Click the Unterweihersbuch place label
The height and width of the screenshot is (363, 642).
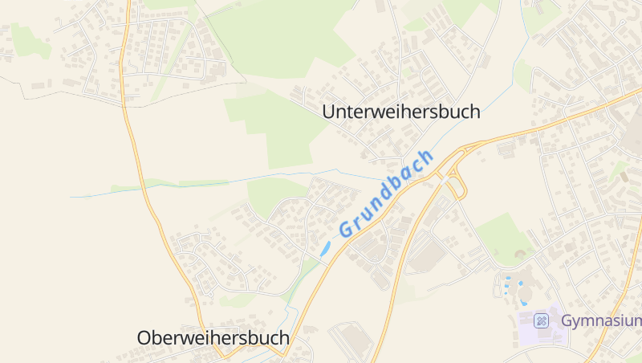click(x=400, y=112)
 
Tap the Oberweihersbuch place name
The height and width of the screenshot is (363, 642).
click(x=213, y=338)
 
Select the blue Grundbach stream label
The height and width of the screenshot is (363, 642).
click(x=387, y=192)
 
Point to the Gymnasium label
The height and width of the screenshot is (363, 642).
click(x=601, y=320)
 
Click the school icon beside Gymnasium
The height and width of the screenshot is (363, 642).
click(x=542, y=320)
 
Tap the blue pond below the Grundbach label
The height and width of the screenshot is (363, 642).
click(x=326, y=249)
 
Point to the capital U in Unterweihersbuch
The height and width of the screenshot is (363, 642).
click(x=328, y=112)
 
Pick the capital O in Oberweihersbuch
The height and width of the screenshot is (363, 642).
click(x=144, y=338)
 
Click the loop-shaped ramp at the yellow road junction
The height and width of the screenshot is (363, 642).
click(x=456, y=186)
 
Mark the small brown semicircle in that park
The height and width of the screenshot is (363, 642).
click(x=521, y=255)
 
